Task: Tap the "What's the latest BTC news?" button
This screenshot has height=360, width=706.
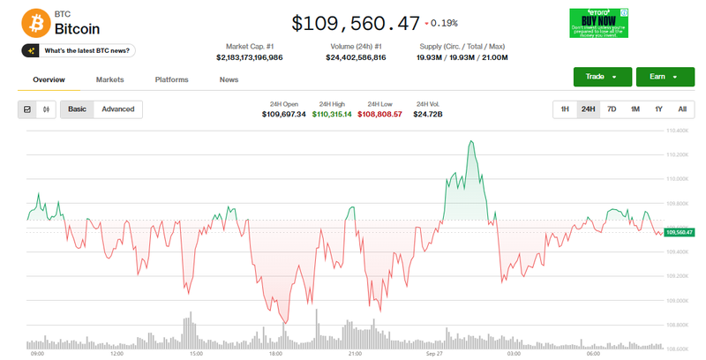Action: tap(78, 50)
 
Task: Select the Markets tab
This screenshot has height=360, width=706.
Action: tap(109, 79)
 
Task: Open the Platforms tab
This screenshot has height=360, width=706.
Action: tap(171, 79)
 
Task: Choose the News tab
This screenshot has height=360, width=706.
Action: tap(229, 79)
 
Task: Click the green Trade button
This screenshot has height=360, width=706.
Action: tap(602, 77)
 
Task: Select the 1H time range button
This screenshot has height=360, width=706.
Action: tap(565, 109)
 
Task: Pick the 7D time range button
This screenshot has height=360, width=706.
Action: tap(612, 109)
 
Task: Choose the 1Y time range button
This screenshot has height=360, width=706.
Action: tap(658, 109)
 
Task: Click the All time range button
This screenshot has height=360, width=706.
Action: tap(681, 109)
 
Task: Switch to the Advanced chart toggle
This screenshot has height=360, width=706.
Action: tap(117, 109)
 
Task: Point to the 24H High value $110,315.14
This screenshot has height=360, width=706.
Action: tap(332, 114)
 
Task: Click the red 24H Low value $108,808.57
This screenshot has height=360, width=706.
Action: tap(379, 114)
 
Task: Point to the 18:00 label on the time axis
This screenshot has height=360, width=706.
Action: tap(274, 354)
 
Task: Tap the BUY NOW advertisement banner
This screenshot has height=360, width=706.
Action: tap(598, 23)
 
